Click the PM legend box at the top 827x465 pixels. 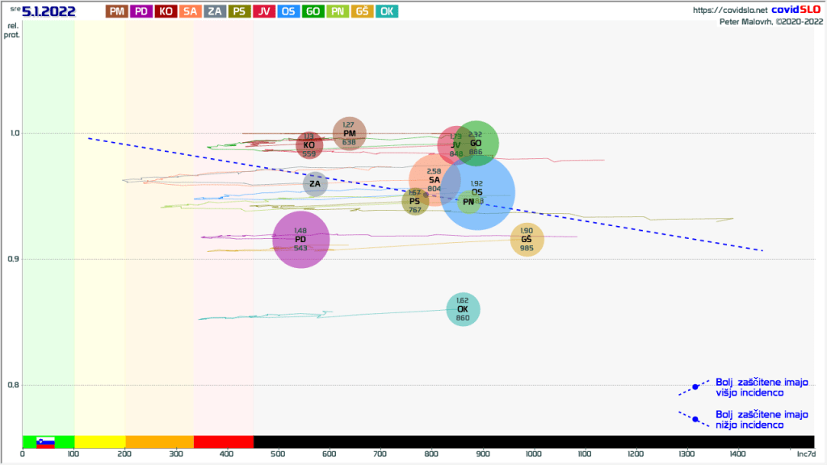pyautogui.click(x=117, y=11)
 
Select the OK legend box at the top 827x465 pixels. pyautogui.click(x=387, y=11)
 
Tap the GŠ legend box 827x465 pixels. pyautogui.click(x=363, y=11)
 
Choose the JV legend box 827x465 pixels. pyautogui.click(x=264, y=11)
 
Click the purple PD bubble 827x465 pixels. pyautogui.click(x=300, y=239)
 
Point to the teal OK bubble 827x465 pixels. pyautogui.click(x=463, y=309)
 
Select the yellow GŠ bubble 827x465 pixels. pyautogui.click(x=527, y=239)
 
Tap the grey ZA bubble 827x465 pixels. pyautogui.click(x=315, y=184)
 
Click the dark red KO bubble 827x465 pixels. pyautogui.click(x=309, y=145)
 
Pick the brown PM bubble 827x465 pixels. pyautogui.click(x=349, y=134)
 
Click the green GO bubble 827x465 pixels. pyautogui.click(x=476, y=143)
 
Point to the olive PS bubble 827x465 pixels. pyautogui.click(x=414, y=202)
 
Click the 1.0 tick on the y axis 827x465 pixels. pyautogui.click(x=12, y=133)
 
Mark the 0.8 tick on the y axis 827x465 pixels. pyautogui.click(x=12, y=385)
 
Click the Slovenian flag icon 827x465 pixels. pyautogui.click(x=45, y=442)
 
